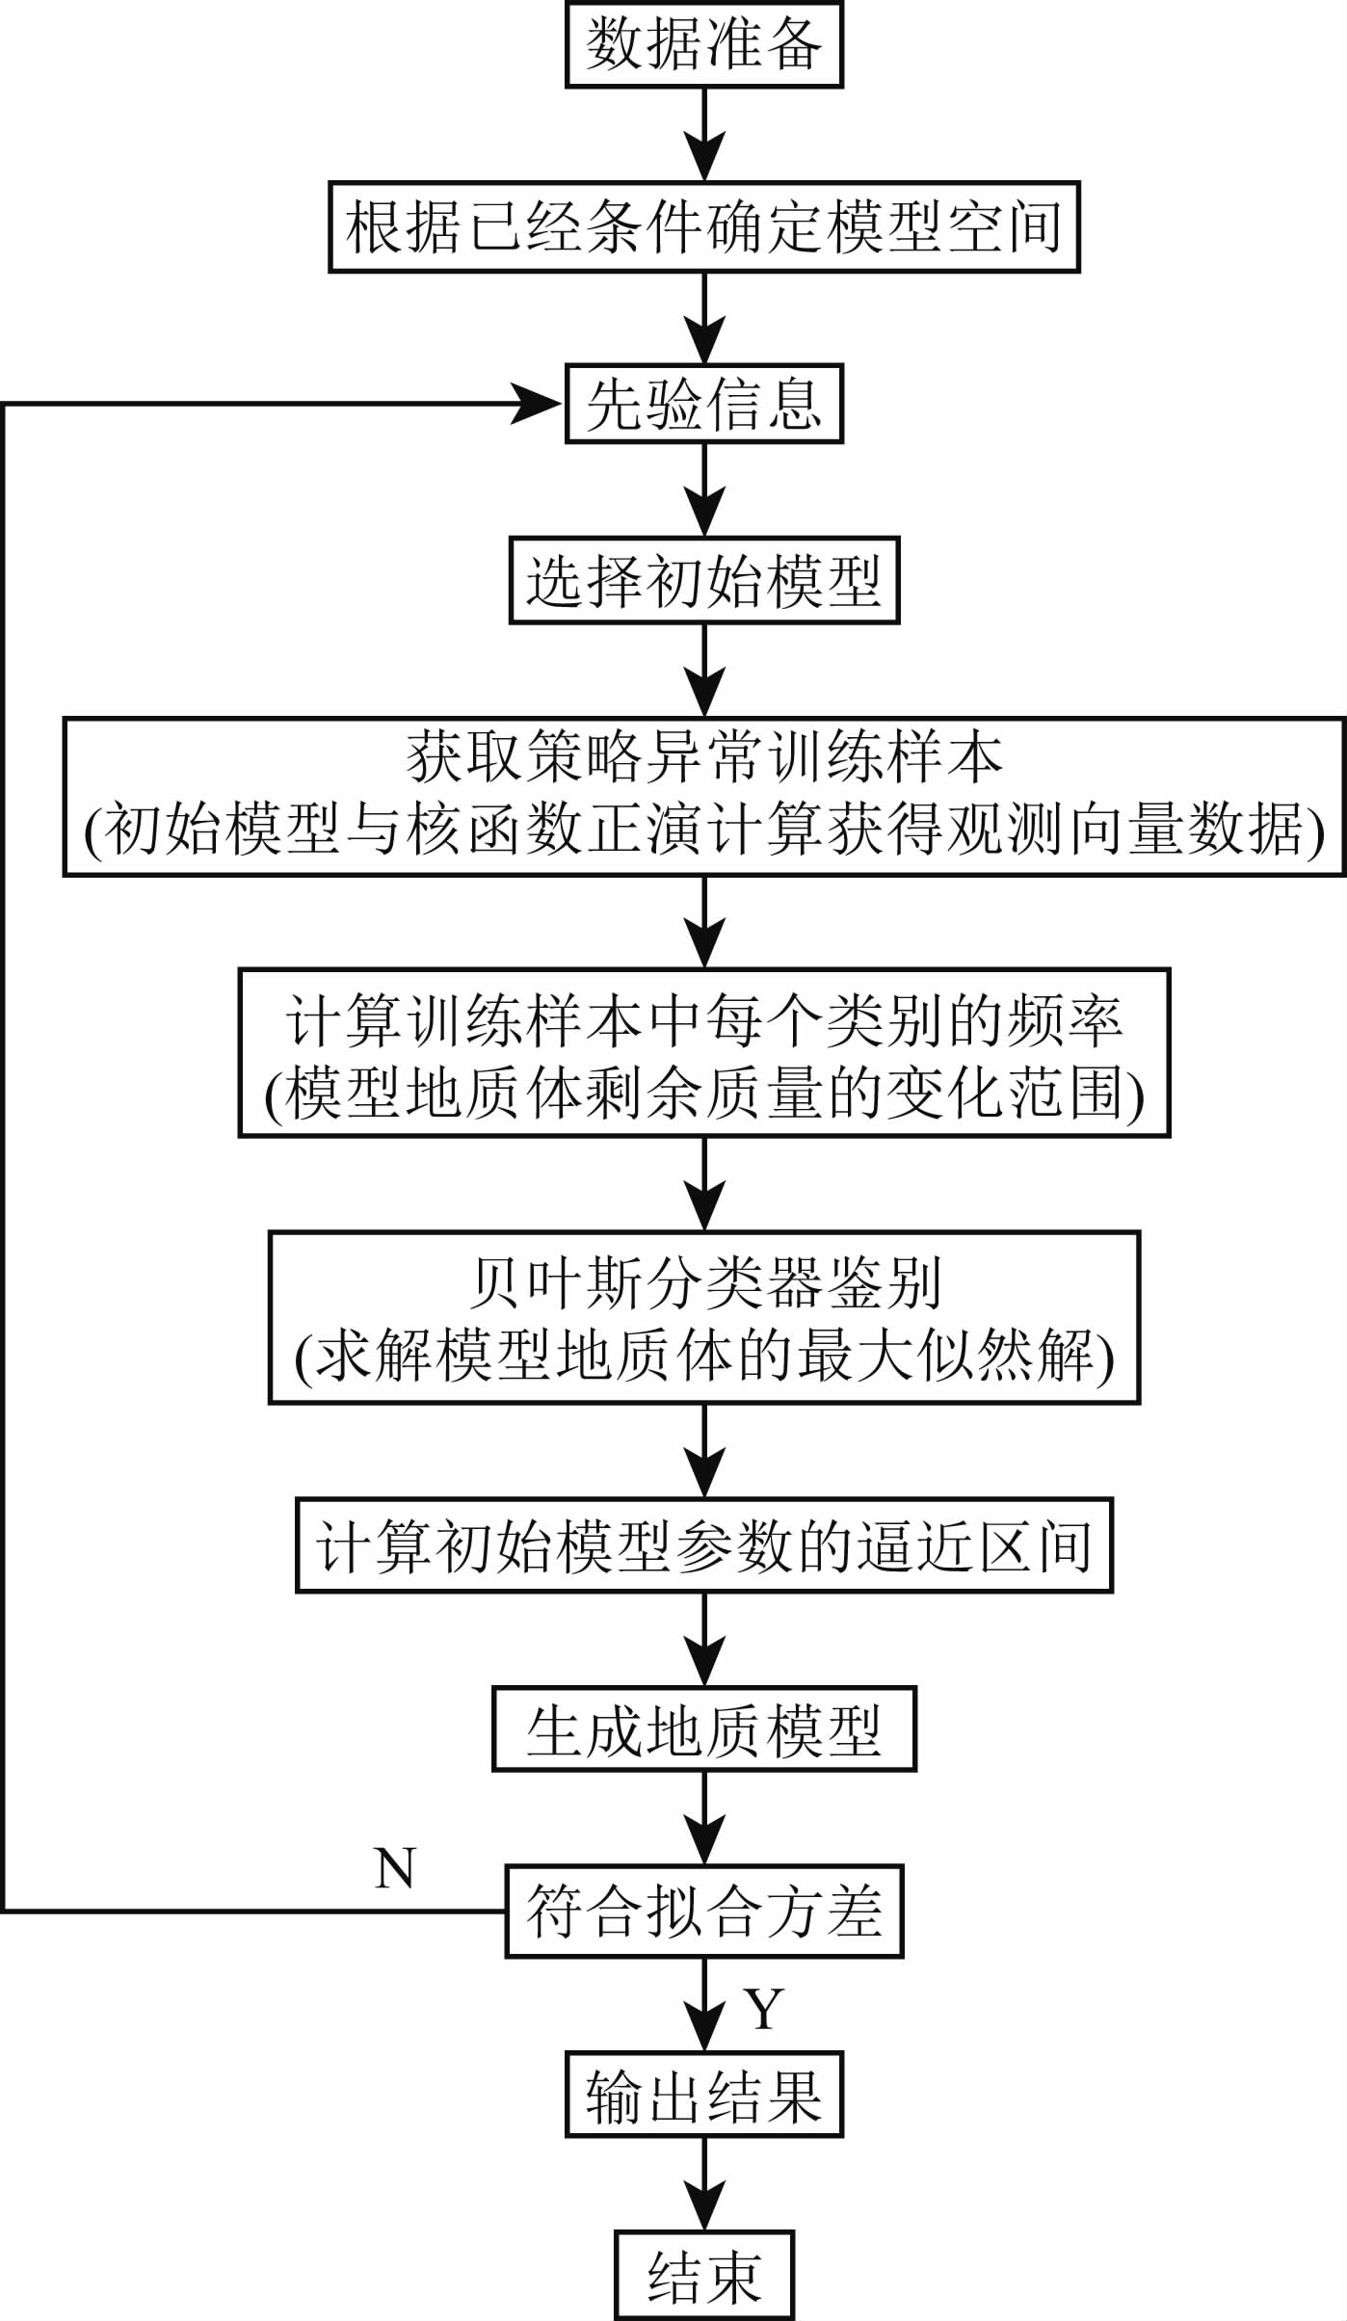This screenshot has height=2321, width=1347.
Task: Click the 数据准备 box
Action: click(x=703, y=45)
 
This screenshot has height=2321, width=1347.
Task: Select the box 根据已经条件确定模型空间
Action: click(x=703, y=227)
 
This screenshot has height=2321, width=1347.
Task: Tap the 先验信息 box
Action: click(x=703, y=404)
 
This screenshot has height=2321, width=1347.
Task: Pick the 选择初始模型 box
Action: click(x=703, y=581)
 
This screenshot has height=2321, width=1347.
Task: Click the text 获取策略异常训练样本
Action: click(x=703, y=758)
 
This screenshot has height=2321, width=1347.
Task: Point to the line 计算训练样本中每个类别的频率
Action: click(x=703, y=1021)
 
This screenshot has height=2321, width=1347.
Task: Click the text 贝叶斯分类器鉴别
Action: click(x=703, y=1283)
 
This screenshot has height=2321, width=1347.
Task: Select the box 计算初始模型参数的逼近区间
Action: click(x=703, y=1545)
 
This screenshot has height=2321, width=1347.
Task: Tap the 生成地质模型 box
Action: click(x=703, y=1729)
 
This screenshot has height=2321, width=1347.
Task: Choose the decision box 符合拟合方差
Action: click(x=703, y=1912)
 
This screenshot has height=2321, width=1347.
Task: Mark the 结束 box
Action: click(x=703, y=2277)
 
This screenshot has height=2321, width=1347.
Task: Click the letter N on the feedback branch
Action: click(x=394, y=1869)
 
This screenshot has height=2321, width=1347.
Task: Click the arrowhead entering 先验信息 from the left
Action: click(x=535, y=404)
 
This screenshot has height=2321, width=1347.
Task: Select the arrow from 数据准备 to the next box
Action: click(x=704, y=135)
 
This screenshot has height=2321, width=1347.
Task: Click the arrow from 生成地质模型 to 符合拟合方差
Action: click(x=704, y=1819)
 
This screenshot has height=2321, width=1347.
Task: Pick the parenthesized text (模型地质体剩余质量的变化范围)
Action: click(x=703, y=1095)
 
